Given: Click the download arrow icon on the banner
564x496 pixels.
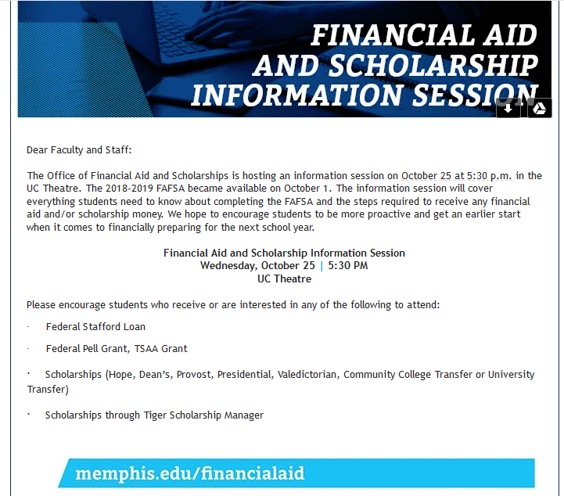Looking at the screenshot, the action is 508,108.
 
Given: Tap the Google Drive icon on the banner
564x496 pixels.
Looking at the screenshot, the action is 539,108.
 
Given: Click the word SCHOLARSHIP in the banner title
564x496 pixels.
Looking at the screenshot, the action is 433,66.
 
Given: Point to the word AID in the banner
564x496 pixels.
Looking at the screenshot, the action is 510,35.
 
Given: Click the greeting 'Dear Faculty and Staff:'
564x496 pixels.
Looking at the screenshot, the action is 79,149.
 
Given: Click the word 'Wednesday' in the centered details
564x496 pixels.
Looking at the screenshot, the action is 228,266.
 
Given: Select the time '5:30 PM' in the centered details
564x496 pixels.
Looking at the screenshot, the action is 348,266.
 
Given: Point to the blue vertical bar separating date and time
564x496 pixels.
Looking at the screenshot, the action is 322,266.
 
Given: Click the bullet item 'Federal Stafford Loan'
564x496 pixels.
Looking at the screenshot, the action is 95,326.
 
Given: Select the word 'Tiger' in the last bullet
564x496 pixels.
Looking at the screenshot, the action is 155,415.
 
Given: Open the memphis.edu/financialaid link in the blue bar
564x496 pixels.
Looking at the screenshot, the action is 190,473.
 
